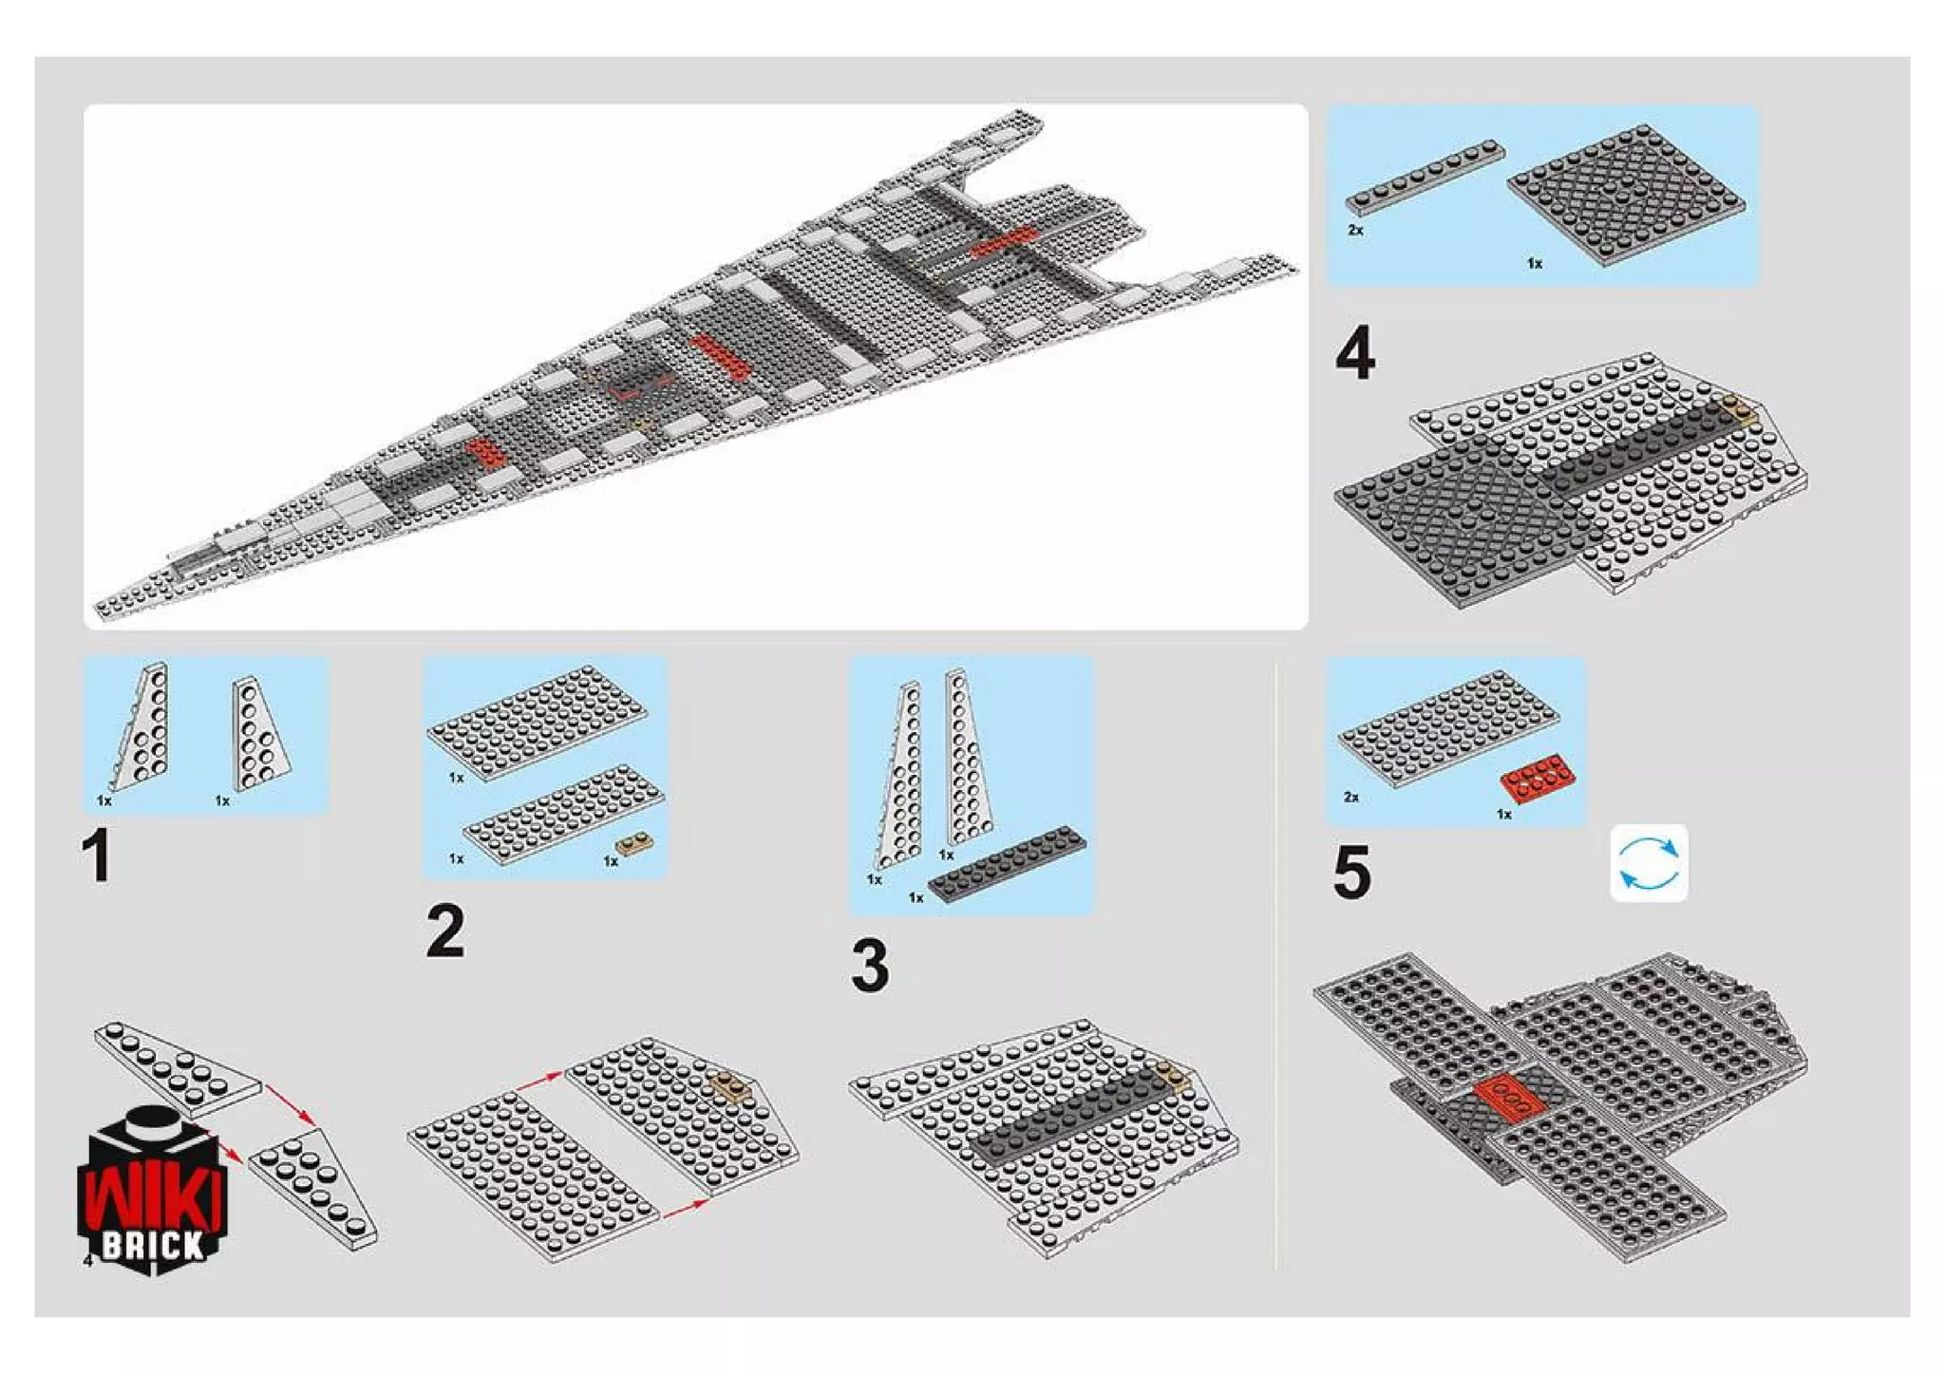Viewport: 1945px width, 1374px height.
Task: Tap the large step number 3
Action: (x=870, y=965)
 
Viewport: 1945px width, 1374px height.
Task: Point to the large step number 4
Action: (x=1355, y=353)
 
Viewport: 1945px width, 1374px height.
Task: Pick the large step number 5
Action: (x=1352, y=873)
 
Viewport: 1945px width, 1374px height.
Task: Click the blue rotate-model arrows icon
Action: (x=1649, y=863)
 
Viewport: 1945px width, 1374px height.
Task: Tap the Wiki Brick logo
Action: (x=152, y=1192)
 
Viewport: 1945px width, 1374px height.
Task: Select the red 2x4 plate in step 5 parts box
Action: (x=1539, y=778)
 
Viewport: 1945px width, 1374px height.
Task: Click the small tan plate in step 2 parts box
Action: (x=633, y=843)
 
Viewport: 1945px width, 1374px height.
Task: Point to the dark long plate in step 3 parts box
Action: (x=1007, y=863)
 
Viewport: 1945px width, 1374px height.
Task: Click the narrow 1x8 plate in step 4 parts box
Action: (x=1426, y=178)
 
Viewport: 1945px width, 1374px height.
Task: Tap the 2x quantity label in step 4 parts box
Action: (x=1355, y=230)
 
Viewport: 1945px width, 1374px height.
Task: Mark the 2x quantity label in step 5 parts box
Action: (x=1351, y=797)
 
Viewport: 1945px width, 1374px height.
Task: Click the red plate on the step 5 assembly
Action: (x=1508, y=1098)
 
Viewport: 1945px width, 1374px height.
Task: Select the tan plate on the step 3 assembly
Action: (x=1172, y=1075)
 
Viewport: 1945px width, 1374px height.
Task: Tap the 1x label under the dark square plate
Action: (x=1535, y=263)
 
